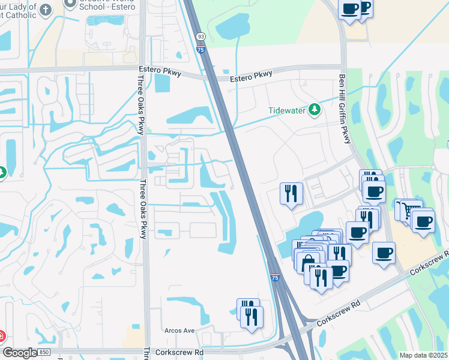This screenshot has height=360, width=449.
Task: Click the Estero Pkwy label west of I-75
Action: [x=156, y=70]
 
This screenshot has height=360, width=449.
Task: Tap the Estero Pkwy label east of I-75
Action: [x=251, y=76]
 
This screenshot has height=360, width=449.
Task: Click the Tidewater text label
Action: [x=286, y=110]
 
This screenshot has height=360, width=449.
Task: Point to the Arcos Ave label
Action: [x=179, y=331]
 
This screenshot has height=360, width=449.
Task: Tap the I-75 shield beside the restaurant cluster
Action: [x=274, y=278]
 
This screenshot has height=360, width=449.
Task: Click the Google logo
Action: [x=20, y=353]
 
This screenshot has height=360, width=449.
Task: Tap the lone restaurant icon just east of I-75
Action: [x=291, y=193]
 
